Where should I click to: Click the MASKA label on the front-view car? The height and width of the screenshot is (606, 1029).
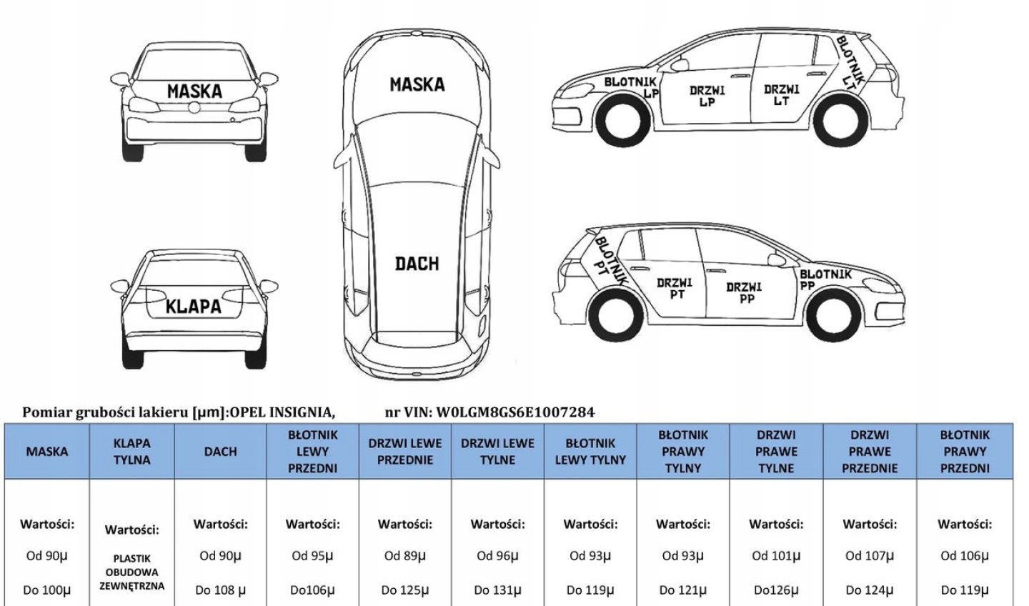(194, 91)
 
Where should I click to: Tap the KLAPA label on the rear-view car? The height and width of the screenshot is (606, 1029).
(193, 307)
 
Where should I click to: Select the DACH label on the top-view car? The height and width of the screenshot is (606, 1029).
(417, 264)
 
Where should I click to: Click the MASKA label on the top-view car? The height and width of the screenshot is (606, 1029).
(417, 84)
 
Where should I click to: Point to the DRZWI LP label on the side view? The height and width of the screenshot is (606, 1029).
(707, 96)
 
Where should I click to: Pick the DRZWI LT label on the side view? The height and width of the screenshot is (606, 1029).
(781, 95)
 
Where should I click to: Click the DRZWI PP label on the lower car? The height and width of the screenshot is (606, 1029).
(744, 293)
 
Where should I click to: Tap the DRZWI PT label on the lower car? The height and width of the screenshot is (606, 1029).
(675, 289)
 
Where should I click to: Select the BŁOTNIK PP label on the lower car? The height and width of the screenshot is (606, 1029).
(824, 279)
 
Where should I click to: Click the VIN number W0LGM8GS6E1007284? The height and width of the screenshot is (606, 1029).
(514, 412)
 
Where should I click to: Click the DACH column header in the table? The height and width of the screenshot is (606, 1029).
(220, 452)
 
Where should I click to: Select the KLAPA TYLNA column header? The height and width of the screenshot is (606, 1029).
(132, 452)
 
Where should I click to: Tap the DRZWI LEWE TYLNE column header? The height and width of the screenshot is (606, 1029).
(497, 452)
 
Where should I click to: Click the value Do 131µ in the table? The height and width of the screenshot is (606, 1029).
(497, 590)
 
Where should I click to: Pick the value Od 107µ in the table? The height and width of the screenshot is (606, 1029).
(870, 556)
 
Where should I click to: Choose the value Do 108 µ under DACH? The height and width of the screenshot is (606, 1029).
(220, 590)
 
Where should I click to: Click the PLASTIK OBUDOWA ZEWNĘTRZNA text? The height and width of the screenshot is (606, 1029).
(132, 572)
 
